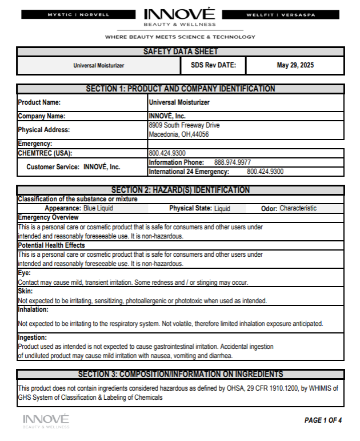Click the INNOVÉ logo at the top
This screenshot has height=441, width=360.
click(x=180, y=17)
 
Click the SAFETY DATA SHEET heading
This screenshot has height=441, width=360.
click(x=180, y=52)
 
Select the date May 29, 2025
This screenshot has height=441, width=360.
click(x=295, y=65)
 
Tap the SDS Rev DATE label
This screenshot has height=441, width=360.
click(x=213, y=65)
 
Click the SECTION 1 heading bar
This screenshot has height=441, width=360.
click(x=180, y=89)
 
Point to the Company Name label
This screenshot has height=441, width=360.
click(x=42, y=116)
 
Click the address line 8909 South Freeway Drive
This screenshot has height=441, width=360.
click(x=184, y=125)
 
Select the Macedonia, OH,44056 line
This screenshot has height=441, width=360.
click(x=178, y=134)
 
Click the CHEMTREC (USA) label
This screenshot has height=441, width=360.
click(x=45, y=153)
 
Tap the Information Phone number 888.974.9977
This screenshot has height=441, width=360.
click(x=232, y=162)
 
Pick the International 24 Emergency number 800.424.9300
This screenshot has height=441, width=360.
click(x=265, y=171)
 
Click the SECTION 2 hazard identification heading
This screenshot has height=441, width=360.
click(x=180, y=190)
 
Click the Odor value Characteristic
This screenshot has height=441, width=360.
click(x=298, y=209)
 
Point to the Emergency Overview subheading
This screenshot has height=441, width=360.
click(x=49, y=217)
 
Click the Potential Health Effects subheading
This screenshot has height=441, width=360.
click(x=51, y=245)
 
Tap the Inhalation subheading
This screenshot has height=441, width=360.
click(x=34, y=309)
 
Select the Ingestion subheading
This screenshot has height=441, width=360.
click(x=33, y=337)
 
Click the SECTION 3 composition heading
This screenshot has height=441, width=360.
click(x=180, y=374)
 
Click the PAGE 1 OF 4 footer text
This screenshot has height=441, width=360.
click(x=323, y=420)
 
